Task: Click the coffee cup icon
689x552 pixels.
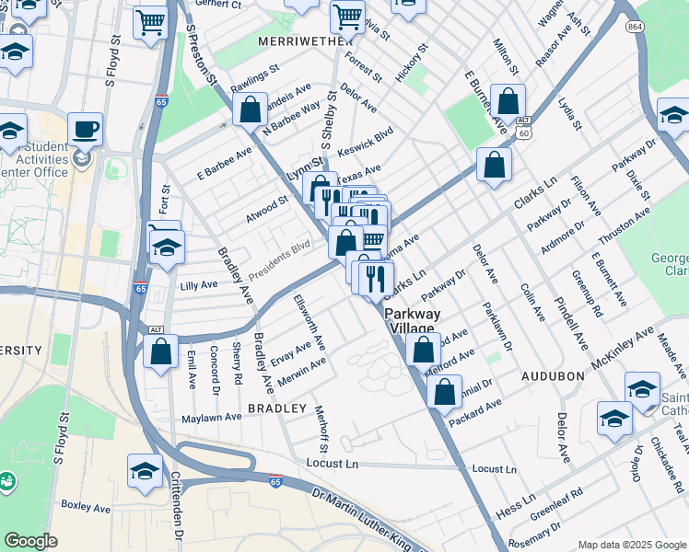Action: pos(85,128)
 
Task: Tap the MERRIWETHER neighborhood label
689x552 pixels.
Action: pos(293,41)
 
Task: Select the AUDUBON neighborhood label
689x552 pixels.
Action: pos(553,376)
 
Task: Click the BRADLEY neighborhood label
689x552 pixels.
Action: pos(276,407)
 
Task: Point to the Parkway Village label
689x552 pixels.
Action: pos(413,320)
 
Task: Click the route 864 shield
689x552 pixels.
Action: pos(635,28)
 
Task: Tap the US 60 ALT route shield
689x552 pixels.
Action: pos(523,127)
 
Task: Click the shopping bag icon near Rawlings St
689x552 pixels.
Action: pos(251,110)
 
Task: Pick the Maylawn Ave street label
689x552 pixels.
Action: pos(211,416)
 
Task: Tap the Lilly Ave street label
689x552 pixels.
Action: pos(199,285)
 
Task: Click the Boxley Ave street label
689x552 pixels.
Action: pos(85,505)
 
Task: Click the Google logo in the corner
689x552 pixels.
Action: pos(30,541)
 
